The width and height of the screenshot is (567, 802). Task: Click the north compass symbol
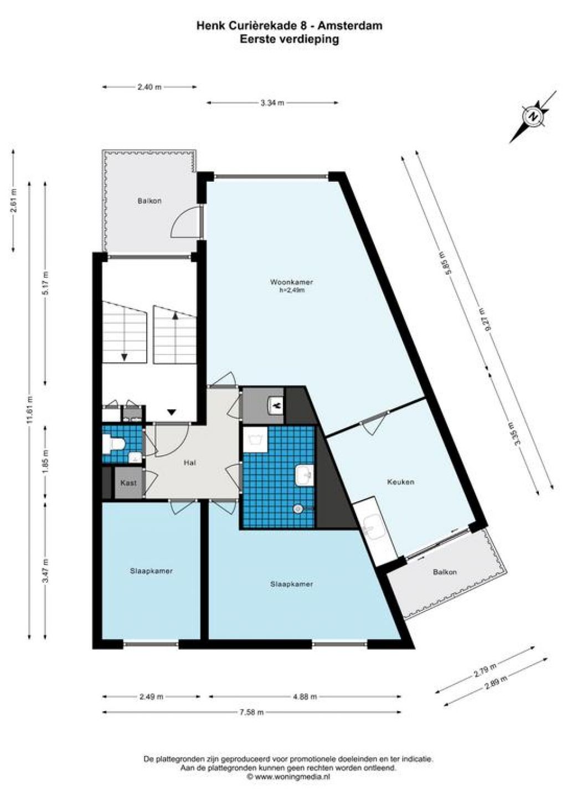(x=534, y=116)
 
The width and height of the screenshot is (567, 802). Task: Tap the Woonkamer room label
(x=292, y=282)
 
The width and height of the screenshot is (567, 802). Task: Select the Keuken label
(x=400, y=482)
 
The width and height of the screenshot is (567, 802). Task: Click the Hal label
(x=189, y=462)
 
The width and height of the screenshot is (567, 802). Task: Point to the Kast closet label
(x=128, y=483)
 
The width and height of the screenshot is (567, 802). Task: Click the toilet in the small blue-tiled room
(x=114, y=444)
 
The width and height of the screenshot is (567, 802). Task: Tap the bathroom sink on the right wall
(x=305, y=475)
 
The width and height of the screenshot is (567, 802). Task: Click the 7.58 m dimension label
(x=251, y=712)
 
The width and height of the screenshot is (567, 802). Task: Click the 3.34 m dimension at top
(x=272, y=103)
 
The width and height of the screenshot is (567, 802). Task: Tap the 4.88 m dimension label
(x=304, y=697)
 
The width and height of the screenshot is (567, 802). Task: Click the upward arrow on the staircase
(x=175, y=316)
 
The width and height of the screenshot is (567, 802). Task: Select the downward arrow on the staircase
(x=124, y=357)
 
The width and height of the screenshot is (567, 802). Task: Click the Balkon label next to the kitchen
(x=445, y=572)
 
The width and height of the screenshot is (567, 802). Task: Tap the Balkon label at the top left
(x=150, y=201)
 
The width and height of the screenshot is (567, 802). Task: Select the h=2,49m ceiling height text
(x=292, y=291)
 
